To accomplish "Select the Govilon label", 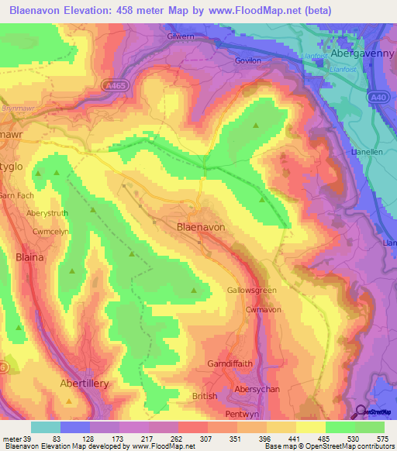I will pyautogui.click(x=249, y=59).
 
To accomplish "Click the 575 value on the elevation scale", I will pyautogui.click(x=382, y=439).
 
